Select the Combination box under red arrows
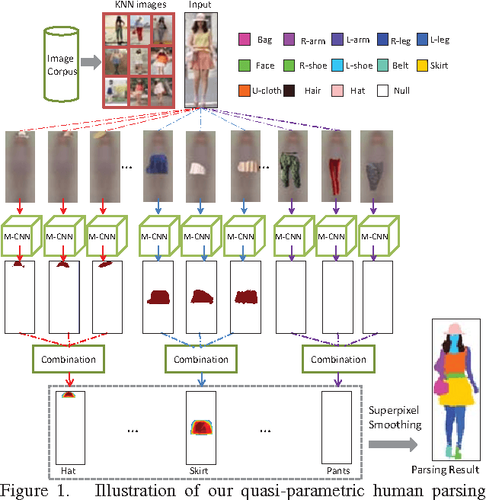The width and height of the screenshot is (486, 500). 69,359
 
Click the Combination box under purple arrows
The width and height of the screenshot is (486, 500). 339,359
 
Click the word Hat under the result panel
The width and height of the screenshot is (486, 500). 69,470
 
